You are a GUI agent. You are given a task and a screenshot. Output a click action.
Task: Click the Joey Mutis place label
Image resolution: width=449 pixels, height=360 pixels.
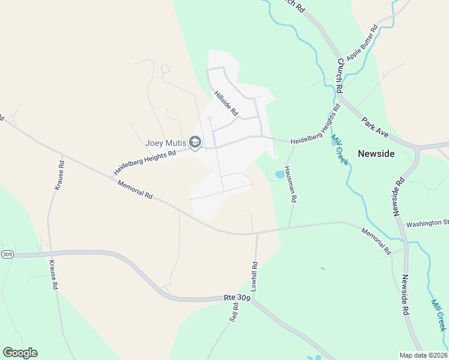[x=166, y=143]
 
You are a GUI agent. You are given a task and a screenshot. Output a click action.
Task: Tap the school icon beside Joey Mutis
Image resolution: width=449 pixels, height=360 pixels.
[x=194, y=142]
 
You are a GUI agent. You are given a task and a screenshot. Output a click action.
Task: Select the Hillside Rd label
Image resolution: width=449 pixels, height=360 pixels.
[x=226, y=103]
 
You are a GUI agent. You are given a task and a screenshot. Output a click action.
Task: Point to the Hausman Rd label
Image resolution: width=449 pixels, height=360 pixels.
[x=292, y=184]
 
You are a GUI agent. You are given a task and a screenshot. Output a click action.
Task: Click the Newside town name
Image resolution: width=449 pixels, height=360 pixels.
[x=376, y=154]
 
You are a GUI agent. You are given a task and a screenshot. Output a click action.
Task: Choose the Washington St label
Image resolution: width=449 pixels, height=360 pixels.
[x=427, y=224]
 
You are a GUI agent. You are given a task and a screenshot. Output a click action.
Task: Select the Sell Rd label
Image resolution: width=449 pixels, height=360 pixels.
[x=234, y=313]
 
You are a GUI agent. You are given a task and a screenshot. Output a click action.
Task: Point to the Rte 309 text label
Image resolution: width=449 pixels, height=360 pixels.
[x=237, y=298]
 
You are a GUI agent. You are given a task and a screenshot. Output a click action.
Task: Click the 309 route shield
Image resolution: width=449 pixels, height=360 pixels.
[x=7, y=254]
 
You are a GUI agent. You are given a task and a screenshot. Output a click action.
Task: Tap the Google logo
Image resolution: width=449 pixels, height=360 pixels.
[x=20, y=353]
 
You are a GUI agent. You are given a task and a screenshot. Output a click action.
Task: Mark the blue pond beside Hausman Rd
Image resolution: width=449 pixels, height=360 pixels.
[x=280, y=175]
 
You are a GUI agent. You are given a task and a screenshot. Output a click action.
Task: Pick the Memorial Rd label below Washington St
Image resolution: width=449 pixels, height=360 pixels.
[x=376, y=241]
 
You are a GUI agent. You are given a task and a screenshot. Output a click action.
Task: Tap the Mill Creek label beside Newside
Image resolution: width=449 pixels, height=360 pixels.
[x=339, y=149]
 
